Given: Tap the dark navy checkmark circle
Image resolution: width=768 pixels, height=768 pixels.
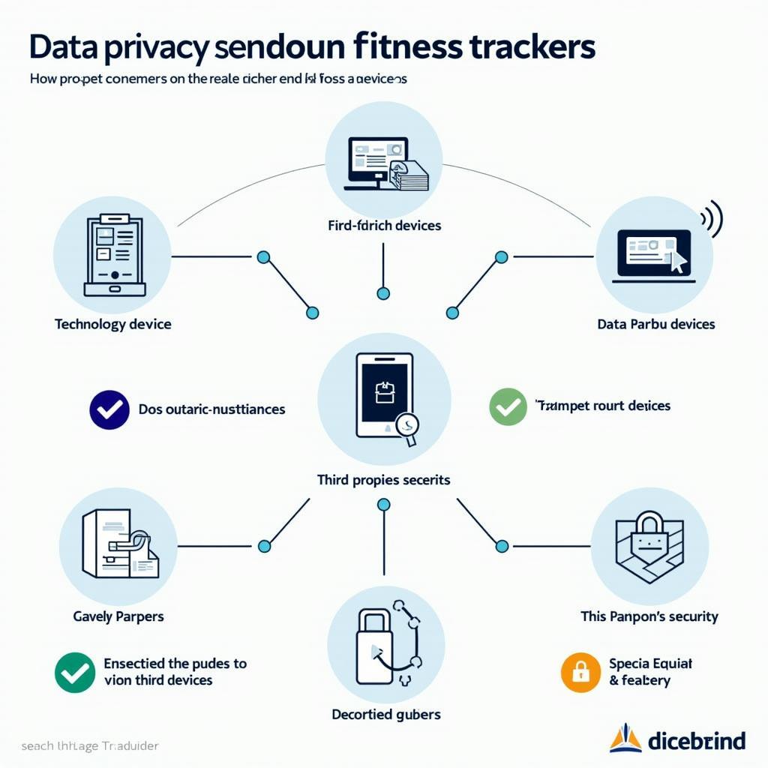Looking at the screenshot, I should pyautogui.click(x=109, y=409).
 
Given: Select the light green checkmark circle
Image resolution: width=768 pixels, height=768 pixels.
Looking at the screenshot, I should pyautogui.click(x=508, y=407).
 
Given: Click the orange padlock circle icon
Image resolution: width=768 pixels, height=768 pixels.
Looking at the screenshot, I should pyautogui.click(x=581, y=672).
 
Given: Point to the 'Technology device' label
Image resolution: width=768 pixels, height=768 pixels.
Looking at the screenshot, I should pyautogui.click(x=112, y=324).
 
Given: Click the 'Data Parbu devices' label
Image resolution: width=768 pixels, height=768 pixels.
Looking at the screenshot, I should pyautogui.click(x=655, y=324).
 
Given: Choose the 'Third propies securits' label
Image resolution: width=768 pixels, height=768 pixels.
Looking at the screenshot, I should pyautogui.click(x=383, y=479).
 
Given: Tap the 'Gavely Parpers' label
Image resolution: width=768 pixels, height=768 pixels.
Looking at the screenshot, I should pyautogui.click(x=118, y=616).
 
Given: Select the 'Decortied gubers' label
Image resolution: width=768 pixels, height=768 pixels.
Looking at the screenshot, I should pyautogui.click(x=385, y=714).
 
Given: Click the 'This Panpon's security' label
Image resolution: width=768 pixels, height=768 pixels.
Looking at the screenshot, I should pyautogui.click(x=649, y=616).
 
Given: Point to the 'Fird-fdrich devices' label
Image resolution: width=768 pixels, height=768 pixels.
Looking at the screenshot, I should pyautogui.click(x=384, y=225).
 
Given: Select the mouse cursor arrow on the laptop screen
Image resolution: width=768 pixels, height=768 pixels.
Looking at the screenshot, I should pyautogui.click(x=678, y=261).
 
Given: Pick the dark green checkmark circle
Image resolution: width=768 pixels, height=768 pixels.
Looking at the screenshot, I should pyautogui.click(x=75, y=672).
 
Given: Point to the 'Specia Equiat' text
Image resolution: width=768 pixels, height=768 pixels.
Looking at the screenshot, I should pyautogui.click(x=650, y=664).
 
